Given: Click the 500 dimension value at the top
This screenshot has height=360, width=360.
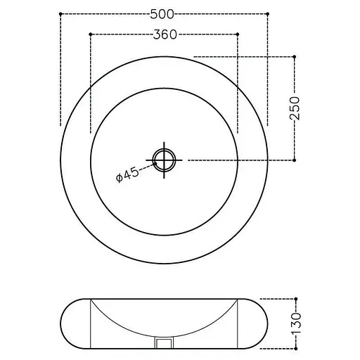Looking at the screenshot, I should [164, 13].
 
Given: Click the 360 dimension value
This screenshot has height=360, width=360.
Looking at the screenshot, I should [164, 34].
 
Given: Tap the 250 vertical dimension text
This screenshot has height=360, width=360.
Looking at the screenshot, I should [296, 108].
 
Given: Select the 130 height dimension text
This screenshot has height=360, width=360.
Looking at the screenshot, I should [296, 322].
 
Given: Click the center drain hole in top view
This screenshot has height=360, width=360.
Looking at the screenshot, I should [164, 160].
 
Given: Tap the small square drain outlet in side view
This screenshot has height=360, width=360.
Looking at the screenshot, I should [164, 343].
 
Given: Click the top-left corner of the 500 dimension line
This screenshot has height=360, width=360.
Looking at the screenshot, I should [61, 13].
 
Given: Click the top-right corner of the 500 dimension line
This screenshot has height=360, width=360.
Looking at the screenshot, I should [268, 13].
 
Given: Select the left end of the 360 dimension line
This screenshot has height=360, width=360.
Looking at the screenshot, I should [91, 34].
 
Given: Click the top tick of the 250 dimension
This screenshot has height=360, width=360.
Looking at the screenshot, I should [295, 56].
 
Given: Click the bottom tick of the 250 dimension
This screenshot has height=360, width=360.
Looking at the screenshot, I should [295, 160].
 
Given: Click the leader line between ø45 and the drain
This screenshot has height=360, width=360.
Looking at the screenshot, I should [148, 167].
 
